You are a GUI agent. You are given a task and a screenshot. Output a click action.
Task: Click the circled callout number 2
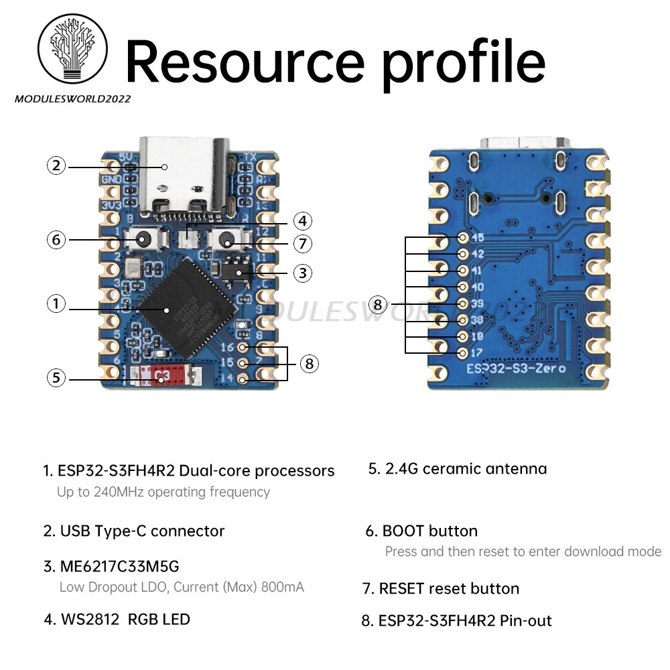coord(56,165)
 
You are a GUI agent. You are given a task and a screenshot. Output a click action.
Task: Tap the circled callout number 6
coord(56,239)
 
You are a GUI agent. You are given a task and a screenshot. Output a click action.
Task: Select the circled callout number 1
coord(56,304)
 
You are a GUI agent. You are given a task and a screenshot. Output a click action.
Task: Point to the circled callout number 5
coord(56,378)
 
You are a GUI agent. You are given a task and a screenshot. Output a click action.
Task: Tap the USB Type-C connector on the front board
coord(184,176)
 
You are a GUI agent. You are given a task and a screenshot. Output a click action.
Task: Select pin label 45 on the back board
coord(478,237)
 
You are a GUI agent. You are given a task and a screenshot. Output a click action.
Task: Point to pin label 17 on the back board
coord(478,352)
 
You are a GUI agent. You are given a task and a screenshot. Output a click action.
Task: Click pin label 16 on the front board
coord(227,347)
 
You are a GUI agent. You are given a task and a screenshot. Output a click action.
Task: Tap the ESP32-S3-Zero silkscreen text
coord(516,368)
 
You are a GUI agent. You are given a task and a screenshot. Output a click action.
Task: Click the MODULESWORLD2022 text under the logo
coord(72,98)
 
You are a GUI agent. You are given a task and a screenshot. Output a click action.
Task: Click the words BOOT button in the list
coord(429,531)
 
